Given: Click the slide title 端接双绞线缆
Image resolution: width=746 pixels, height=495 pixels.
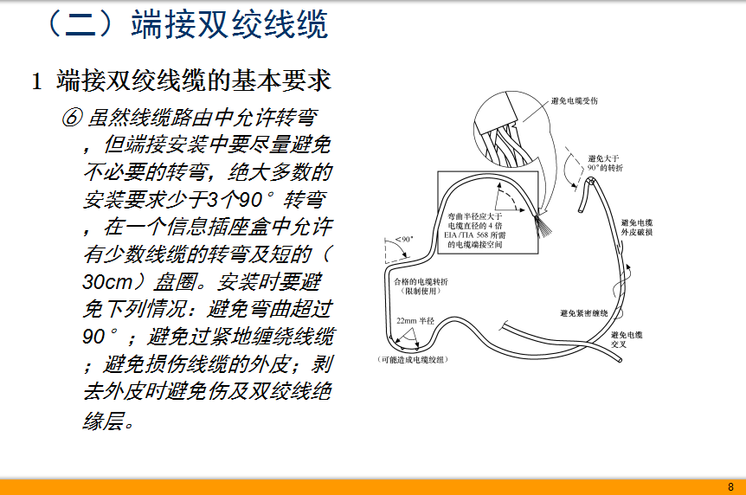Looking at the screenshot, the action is point(230,25).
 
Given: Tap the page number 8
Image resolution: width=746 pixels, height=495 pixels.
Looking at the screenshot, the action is point(730,487).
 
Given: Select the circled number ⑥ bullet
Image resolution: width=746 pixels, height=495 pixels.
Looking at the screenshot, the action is point(73,117).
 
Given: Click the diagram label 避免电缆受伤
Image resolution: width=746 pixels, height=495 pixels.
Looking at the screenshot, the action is point(575,101).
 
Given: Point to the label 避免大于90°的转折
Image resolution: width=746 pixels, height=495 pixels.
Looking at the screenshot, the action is point(605,164).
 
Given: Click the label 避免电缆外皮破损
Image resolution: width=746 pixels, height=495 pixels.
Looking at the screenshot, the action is point(637,228).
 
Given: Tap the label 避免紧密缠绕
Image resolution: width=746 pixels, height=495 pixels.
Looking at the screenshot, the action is point(584,313).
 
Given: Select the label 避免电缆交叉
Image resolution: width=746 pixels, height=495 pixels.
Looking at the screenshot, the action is point(627,339).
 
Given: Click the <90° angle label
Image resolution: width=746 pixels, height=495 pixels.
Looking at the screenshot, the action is point(404,239).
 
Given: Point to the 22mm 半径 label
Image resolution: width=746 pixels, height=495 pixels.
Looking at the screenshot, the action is point(415,321).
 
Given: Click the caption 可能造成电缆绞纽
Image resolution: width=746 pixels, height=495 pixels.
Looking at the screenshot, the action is point(413,360).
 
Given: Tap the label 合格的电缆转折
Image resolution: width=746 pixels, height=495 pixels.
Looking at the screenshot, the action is point(421,281).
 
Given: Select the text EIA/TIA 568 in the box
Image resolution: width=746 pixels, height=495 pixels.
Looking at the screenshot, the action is point(466,235).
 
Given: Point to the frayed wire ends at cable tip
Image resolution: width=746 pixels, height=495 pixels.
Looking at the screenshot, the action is point(543,226).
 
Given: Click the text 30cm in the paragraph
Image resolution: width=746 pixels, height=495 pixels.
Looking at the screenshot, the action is point(107,282).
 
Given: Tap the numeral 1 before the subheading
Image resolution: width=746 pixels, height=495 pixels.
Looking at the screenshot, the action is point(36,81).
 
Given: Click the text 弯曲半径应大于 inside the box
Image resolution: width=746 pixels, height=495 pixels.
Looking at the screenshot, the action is point(475,216).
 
